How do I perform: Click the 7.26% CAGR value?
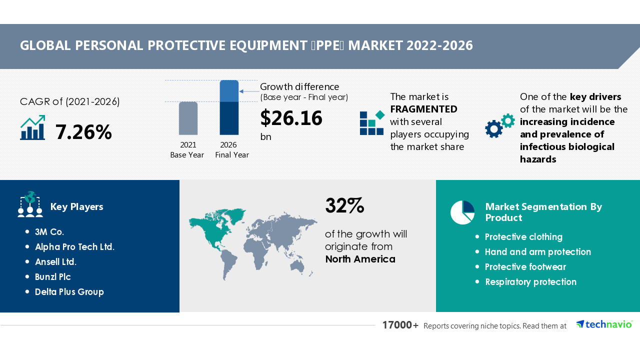[83, 132]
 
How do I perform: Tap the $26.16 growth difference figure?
[291, 118]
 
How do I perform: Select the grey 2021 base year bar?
[188, 118]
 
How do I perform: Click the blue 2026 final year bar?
[229, 107]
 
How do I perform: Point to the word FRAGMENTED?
[423, 109]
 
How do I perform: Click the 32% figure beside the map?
[344, 205]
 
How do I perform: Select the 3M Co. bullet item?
[49, 232]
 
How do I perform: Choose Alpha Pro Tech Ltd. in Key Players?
[74, 247]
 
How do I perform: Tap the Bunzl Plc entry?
[53, 277]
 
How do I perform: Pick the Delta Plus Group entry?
[69, 292]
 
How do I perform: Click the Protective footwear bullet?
[525, 267]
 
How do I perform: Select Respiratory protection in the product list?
[530, 282]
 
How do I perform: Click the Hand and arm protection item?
[538, 252]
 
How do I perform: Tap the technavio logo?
[604, 324]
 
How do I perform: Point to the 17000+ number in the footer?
[400, 325]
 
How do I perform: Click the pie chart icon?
[462, 212]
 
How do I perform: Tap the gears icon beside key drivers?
[499, 125]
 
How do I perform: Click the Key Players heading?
[77, 207]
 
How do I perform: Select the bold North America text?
[360, 259]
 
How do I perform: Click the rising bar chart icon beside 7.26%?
[32, 128]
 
